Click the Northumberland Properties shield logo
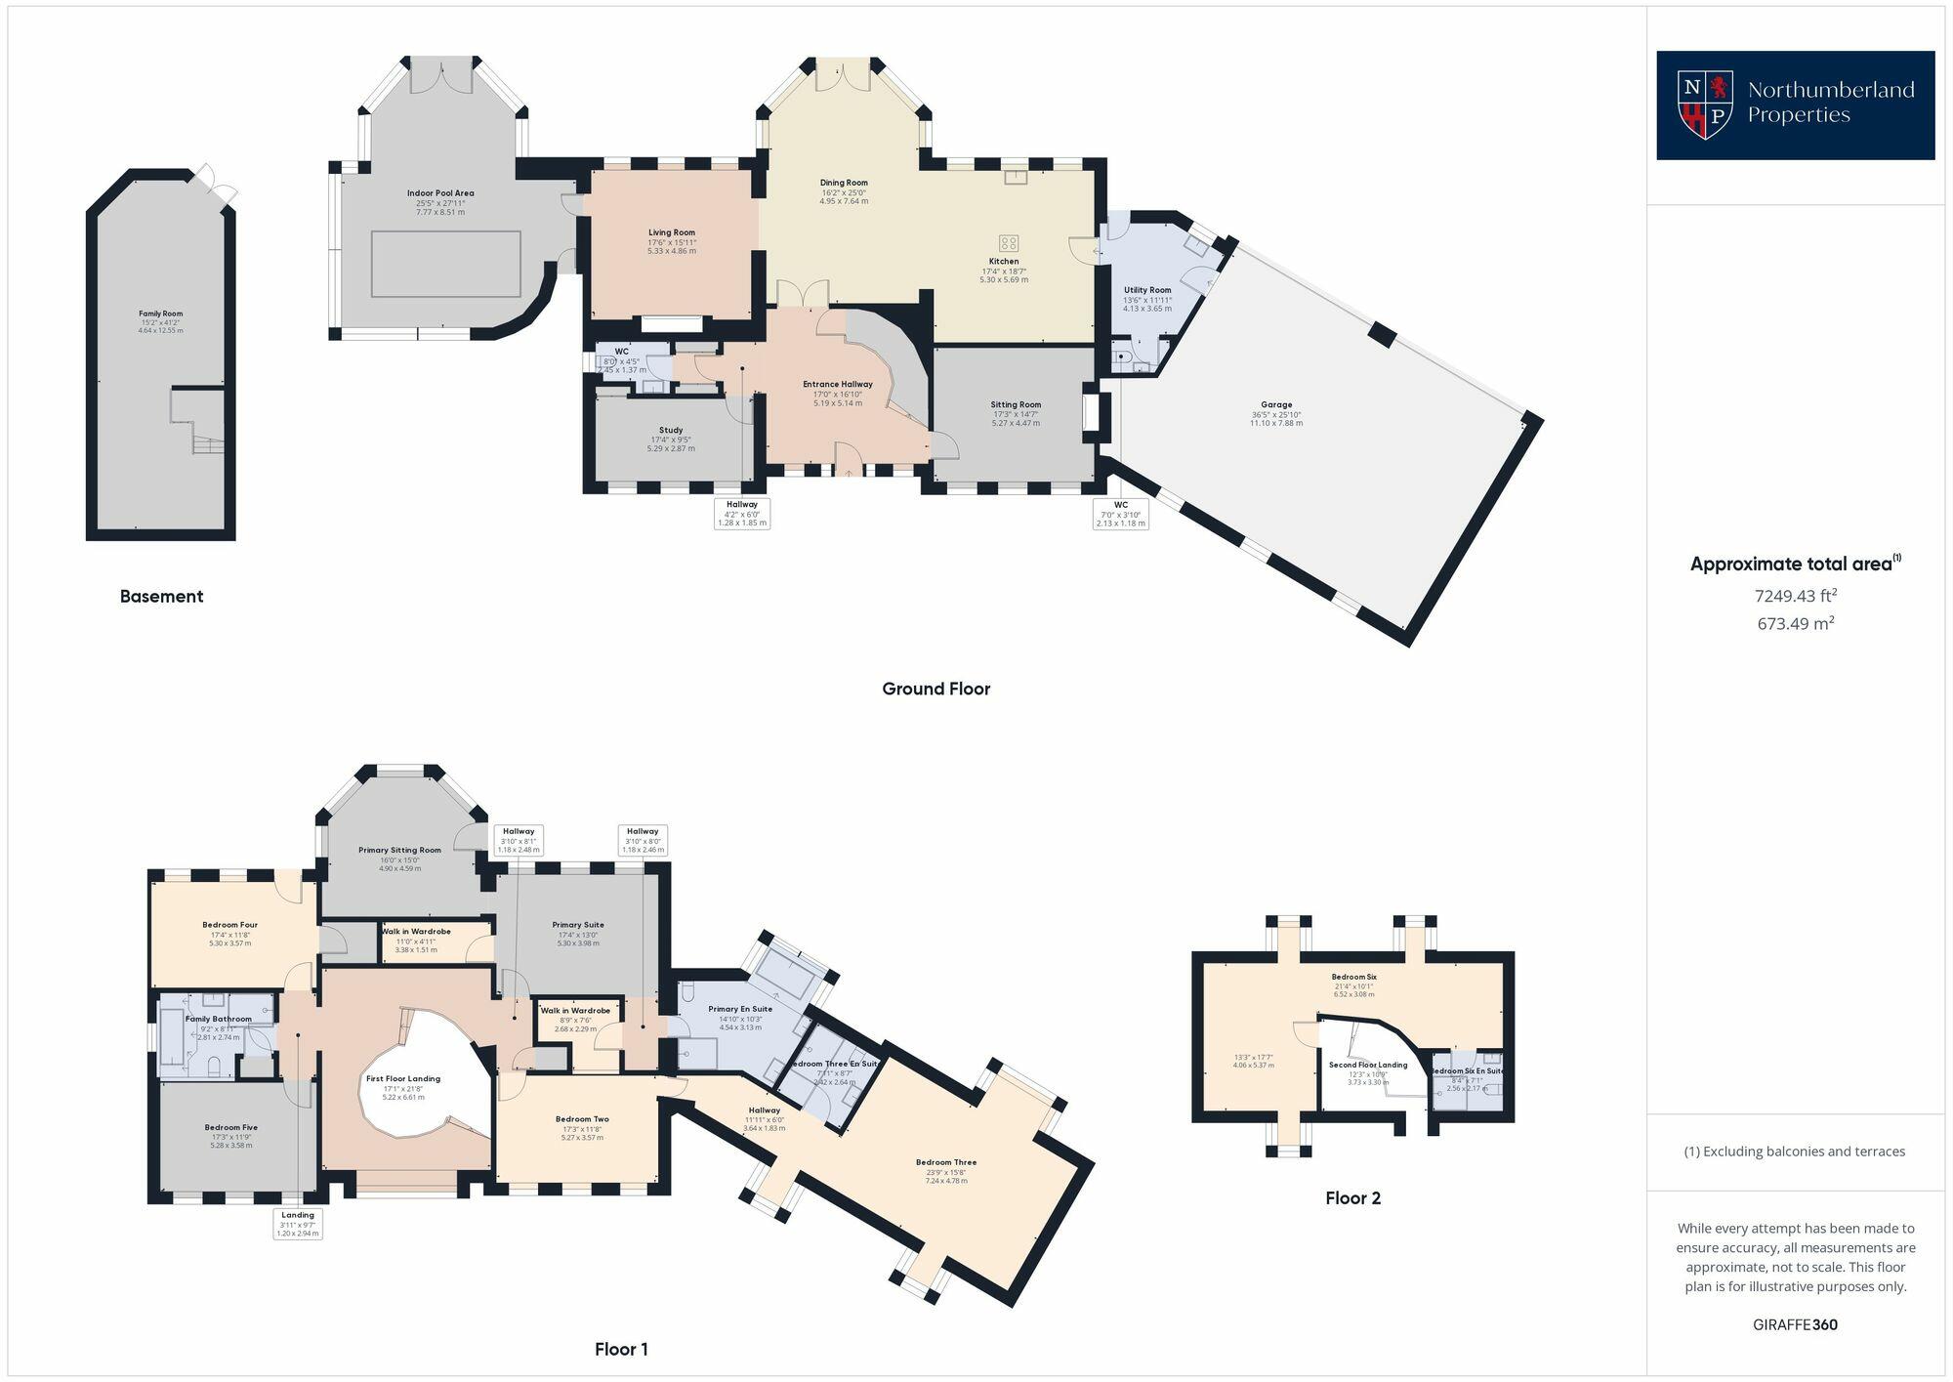click(x=1704, y=104)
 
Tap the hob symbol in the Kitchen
click(x=1008, y=243)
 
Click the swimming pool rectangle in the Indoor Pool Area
click(x=445, y=264)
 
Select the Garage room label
click(x=1275, y=404)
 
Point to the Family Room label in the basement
click(x=160, y=314)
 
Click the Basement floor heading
click(x=161, y=596)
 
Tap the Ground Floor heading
click(x=935, y=689)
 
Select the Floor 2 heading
click(x=1352, y=1197)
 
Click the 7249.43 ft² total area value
click(x=1795, y=595)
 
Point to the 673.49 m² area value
click(x=1795, y=623)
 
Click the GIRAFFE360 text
click(x=1795, y=1324)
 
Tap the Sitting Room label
click(x=1016, y=404)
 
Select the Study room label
click(x=671, y=430)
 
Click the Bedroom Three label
click(x=945, y=1162)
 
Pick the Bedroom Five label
click(x=230, y=1127)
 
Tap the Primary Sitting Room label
click(x=399, y=850)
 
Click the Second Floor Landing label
click(x=1367, y=1065)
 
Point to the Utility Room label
click(x=1146, y=290)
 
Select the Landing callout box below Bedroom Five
click(x=298, y=1224)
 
